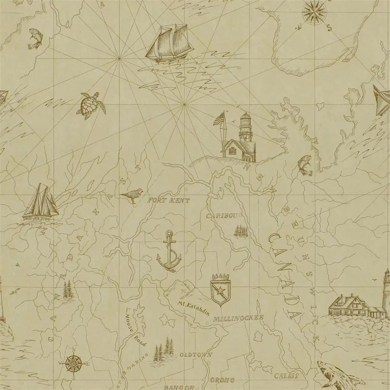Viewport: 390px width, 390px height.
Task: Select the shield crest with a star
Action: click(221, 289)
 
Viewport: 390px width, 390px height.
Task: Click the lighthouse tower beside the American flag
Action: click(245, 128)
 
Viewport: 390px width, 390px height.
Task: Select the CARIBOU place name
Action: click(222, 216)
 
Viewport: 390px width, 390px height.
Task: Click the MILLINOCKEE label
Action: click(238, 317)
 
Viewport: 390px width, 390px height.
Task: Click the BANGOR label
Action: click(176, 387)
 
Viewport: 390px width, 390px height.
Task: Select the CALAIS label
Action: click(286, 376)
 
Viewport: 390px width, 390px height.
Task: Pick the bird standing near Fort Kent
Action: click(133, 195)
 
